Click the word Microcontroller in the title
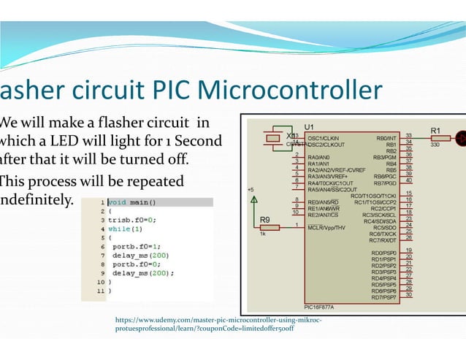click(290, 92)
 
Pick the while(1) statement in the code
click(126, 229)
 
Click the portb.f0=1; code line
click(135, 247)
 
